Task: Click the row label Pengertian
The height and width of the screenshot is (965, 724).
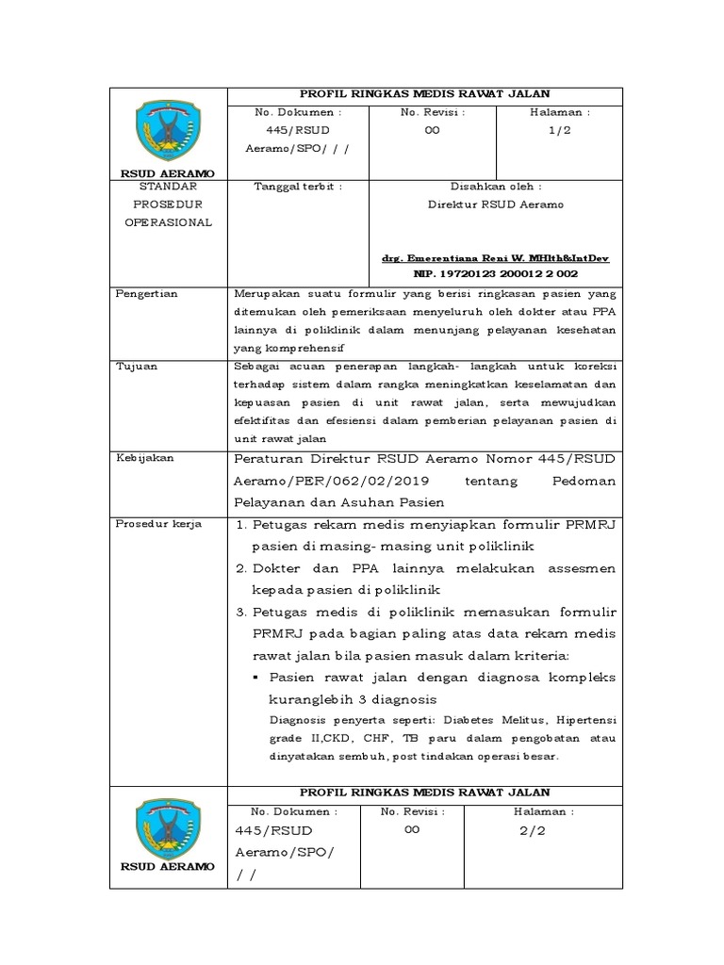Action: tap(146, 294)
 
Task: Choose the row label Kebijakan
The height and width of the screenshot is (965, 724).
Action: tap(144, 458)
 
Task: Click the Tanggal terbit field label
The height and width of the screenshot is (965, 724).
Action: tap(297, 187)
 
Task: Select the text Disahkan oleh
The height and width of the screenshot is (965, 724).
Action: tap(495, 187)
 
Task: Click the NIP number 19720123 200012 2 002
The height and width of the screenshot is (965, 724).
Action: tap(495, 273)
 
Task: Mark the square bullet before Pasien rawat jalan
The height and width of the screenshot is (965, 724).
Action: tap(256, 678)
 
